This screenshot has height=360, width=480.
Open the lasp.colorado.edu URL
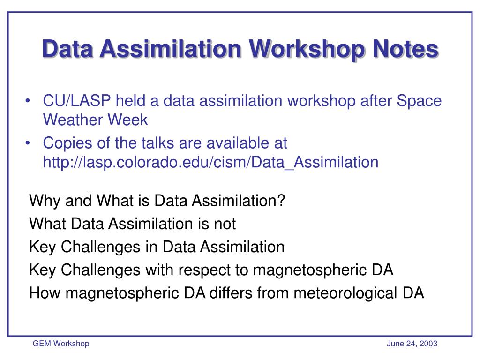pyautogui.click(x=210, y=162)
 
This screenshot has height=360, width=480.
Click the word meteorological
pyautogui.click(x=345, y=293)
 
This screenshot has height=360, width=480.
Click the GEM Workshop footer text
pyautogui.click(x=60, y=344)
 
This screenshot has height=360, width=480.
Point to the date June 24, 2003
pyautogui.click(x=412, y=344)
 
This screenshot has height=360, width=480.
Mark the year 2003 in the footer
pyautogui.click(x=428, y=344)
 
